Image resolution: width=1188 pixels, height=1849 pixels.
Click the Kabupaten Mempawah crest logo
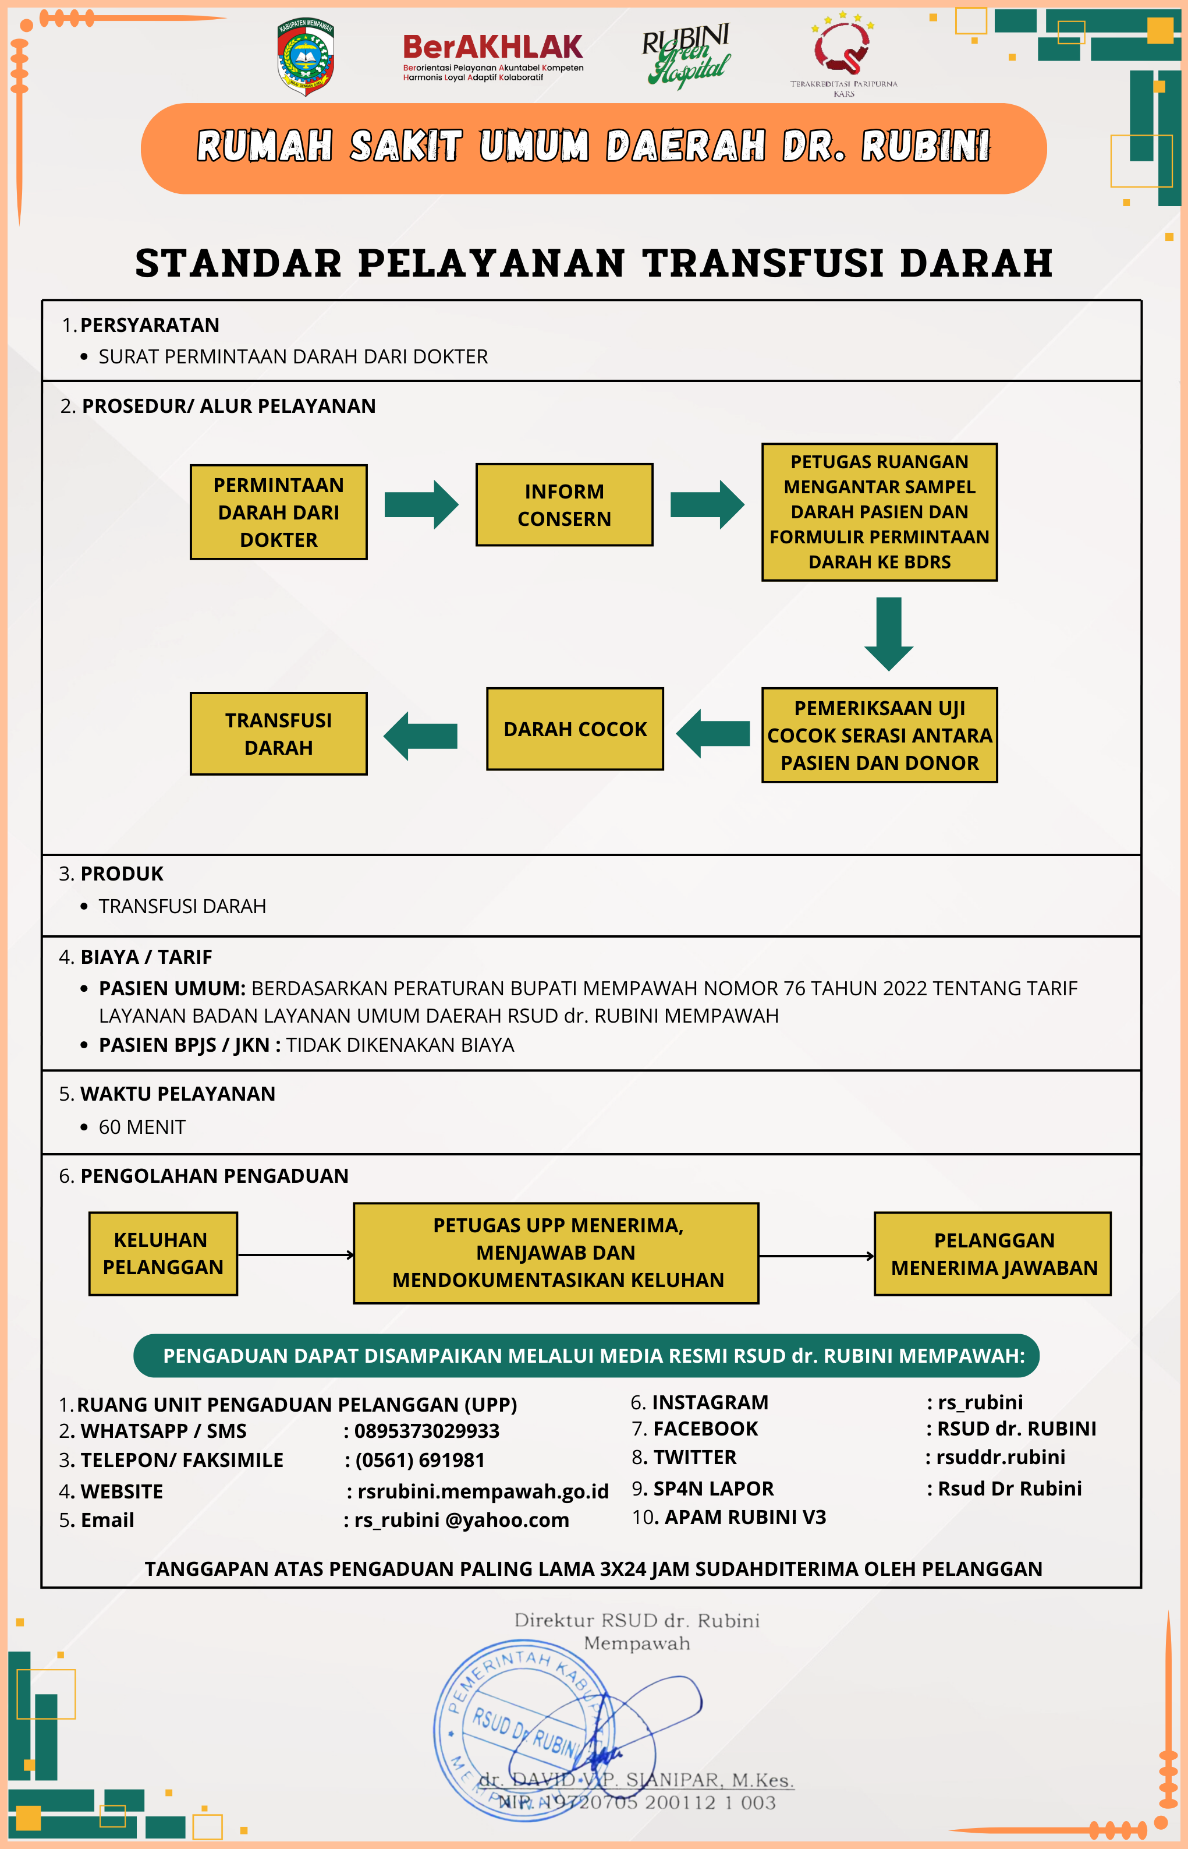(306, 57)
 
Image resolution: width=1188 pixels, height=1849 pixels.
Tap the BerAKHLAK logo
(493, 55)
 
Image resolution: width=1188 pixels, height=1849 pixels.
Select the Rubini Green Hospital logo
(686, 55)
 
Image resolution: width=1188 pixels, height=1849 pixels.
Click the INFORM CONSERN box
(564, 505)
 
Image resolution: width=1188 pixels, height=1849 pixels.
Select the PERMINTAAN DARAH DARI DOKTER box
(278, 512)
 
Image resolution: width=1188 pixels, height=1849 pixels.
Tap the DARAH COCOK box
(575, 729)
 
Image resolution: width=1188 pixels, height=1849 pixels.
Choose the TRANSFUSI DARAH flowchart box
(278, 733)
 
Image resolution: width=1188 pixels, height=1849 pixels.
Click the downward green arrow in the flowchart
(889, 633)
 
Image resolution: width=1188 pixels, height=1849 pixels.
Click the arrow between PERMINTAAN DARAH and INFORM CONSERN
(421, 505)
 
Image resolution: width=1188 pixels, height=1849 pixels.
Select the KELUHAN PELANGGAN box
(163, 1253)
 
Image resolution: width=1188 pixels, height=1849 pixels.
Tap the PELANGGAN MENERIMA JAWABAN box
(993, 1253)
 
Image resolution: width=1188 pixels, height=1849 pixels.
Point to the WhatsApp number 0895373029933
(427, 1431)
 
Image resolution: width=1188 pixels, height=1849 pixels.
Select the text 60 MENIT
(142, 1127)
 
